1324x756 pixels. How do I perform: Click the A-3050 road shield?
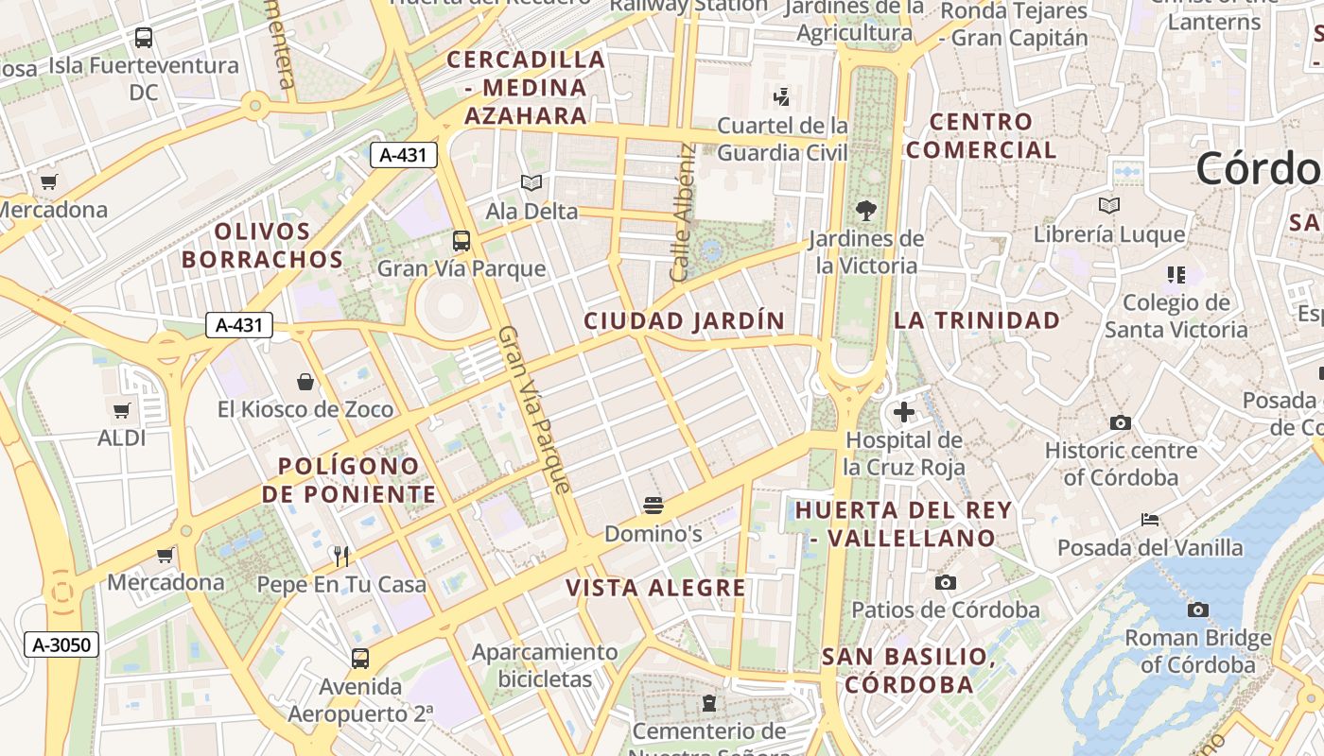[x=61, y=645]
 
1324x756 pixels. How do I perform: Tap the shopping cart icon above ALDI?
[x=121, y=410]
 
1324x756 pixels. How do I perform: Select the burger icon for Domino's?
[x=653, y=506]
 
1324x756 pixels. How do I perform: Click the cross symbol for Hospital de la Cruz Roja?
[x=904, y=412]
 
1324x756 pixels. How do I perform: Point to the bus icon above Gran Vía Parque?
[x=462, y=241]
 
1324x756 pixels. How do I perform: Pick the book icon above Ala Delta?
[x=531, y=183]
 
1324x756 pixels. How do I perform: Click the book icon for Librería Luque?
[x=1109, y=205]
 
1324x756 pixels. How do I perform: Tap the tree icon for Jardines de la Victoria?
[x=865, y=210]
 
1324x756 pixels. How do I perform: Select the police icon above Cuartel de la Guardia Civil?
[x=782, y=96]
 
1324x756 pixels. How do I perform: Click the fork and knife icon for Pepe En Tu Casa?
[x=341, y=556]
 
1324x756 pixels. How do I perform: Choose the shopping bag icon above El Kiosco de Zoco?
[x=305, y=382]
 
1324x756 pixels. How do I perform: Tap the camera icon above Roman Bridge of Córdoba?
[x=1198, y=610]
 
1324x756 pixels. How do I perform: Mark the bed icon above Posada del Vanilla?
[x=1150, y=520]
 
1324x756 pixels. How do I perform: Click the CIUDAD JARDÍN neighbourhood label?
[x=685, y=321]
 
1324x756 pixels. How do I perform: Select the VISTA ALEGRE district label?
[x=656, y=588]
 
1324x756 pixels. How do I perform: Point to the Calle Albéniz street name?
[x=682, y=213]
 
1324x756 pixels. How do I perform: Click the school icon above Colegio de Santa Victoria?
[x=1176, y=275]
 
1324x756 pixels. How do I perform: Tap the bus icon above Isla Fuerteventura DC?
[x=144, y=38]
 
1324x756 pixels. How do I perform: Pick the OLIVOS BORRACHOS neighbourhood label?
[x=262, y=246]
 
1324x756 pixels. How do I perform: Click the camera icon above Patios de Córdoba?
[x=946, y=582]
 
